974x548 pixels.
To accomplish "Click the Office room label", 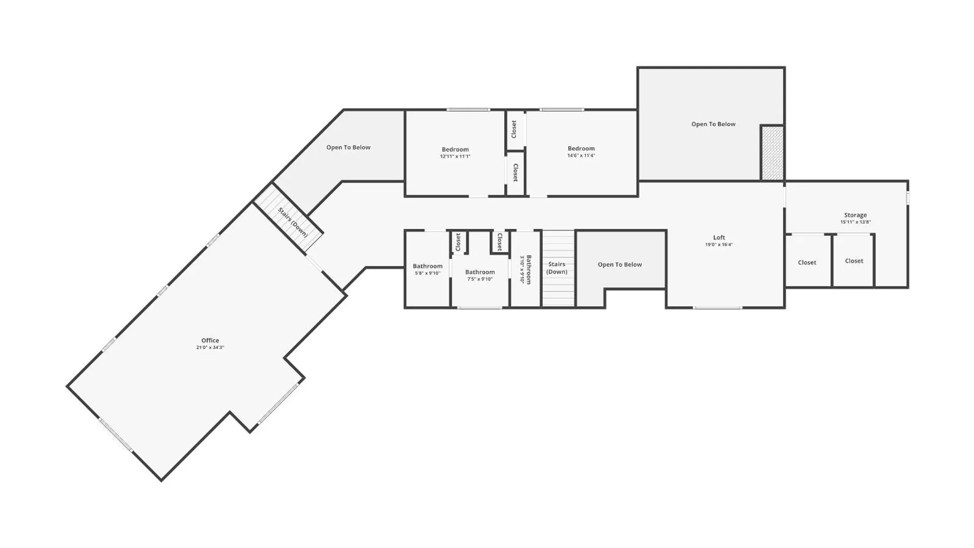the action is click(210, 340).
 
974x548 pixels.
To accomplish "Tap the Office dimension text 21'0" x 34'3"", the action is click(210, 348).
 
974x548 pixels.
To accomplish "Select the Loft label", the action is click(719, 237).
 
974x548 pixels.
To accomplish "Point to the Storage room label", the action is click(855, 215).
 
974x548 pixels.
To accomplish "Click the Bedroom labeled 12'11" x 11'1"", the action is click(455, 150).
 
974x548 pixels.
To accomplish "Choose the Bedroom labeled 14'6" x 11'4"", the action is click(581, 149).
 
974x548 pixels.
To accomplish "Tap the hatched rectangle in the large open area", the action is click(772, 153).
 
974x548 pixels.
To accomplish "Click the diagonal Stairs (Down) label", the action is click(293, 222).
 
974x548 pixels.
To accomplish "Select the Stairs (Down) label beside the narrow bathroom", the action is click(556, 268).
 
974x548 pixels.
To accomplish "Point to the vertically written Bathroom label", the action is click(529, 269).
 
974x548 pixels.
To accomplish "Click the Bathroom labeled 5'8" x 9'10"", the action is click(428, 266).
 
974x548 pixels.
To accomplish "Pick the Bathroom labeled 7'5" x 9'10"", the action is click(480, 272).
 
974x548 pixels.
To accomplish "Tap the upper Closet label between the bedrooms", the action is click(514, 129).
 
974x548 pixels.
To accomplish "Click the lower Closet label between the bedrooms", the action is click(515, 173).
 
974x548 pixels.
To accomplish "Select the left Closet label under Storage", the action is click(807, 262).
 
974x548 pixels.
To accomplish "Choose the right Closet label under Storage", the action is click(854, 261).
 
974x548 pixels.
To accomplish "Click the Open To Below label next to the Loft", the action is click(619, 264).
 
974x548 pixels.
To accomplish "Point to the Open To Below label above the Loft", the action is click(713, 124).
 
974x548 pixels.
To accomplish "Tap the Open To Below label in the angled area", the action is click(348, 147).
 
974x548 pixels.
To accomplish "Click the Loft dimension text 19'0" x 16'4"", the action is click(719, 245).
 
